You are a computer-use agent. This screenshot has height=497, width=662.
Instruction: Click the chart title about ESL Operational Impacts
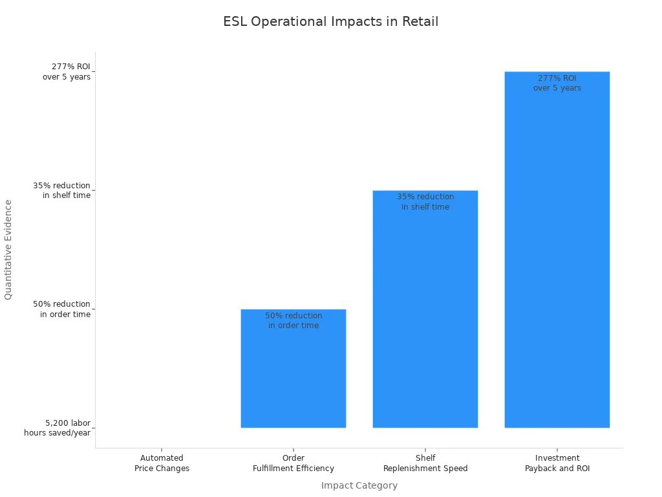coord(330,21)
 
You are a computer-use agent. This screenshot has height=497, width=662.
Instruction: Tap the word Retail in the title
coord(420,21)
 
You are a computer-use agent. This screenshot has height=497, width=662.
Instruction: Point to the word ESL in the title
coord(235,21)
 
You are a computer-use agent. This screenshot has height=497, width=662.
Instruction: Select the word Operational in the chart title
coord(289,21)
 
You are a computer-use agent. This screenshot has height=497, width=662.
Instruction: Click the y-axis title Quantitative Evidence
coord(8,249)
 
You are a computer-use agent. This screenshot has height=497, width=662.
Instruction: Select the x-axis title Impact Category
coord(359,485)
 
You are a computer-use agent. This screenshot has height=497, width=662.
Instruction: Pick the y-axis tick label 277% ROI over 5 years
coord(67,72)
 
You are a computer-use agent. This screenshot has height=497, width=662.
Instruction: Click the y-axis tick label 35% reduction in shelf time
coord(62,190)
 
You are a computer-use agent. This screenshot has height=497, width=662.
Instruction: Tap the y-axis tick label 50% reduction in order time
coord(62,309)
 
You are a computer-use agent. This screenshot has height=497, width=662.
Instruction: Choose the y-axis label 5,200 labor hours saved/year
coord(58,428)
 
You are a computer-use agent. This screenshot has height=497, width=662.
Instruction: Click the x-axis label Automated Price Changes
coord(162,463)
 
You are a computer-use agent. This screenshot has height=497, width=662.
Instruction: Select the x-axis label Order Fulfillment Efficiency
coord(294,463)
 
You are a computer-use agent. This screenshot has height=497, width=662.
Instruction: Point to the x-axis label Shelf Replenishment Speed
coord(425,463)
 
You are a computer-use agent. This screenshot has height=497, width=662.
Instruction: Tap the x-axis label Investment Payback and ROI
coord(557,463)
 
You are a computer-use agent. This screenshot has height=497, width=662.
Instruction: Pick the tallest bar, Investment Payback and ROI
coord(557,259)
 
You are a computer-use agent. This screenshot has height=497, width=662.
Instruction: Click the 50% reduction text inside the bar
coord(294,320)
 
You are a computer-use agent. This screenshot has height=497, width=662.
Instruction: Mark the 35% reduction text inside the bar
coord(425,201)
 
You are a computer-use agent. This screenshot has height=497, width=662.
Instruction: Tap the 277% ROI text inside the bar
coord(557,83)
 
